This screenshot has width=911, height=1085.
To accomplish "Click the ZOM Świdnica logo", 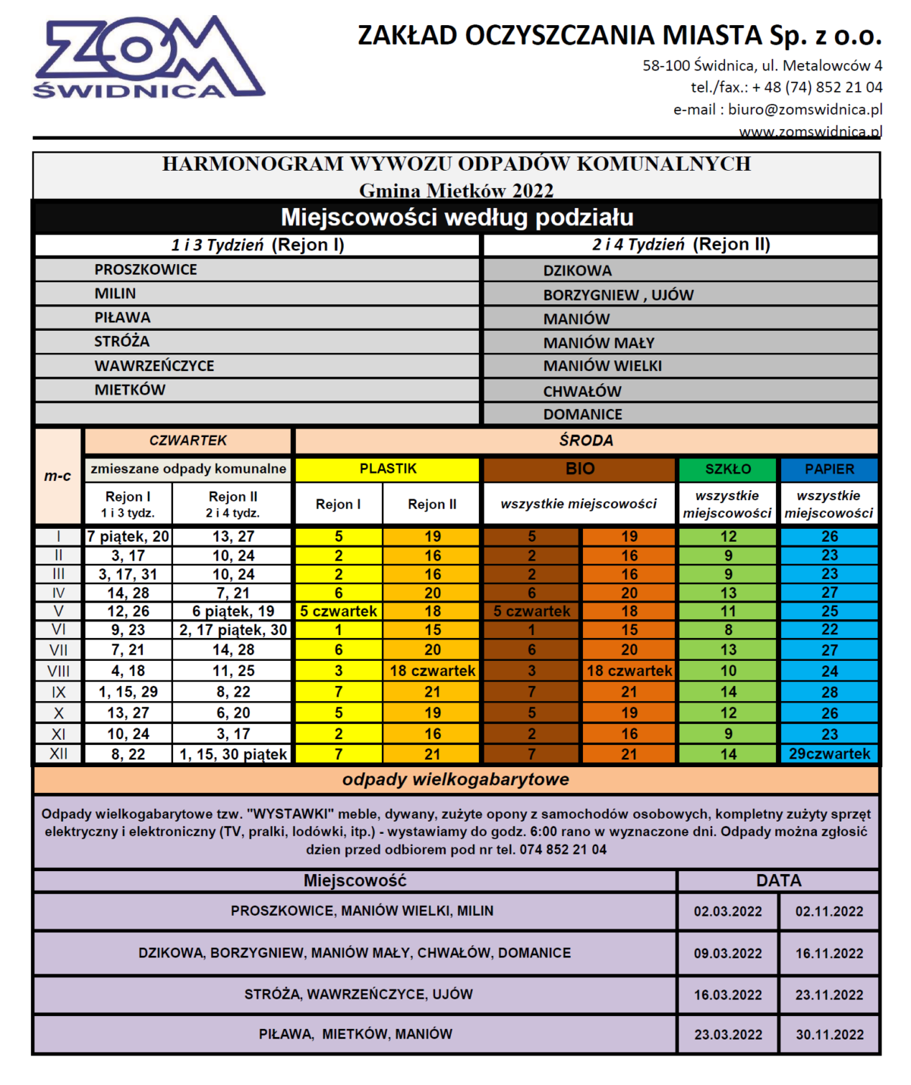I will [x=148, y=59].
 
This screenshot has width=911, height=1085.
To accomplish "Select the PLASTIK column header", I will [x=387, y=469].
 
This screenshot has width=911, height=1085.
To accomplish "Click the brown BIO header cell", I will [x=579, y=469].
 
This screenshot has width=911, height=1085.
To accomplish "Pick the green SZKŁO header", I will [x=727, y=469].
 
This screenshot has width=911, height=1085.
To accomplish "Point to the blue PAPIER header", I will [x=829, y=469].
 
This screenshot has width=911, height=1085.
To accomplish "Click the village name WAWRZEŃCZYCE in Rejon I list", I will [x=154, y=366].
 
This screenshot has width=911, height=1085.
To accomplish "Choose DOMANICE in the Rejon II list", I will [x=582, y=414].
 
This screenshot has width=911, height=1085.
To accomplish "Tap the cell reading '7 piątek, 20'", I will [x=128, y=536].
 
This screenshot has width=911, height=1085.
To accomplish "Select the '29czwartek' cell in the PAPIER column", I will [x=829, y=754].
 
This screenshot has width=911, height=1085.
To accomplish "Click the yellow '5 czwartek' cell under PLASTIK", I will [x=339, y=612].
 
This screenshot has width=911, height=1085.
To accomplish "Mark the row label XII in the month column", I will [x=58, y=754].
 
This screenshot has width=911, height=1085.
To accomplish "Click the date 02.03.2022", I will [x=727, y=911].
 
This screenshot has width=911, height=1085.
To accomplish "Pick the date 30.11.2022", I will [x=829, y=1034].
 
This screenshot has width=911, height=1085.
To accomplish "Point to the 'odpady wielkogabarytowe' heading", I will [x=455, y=779].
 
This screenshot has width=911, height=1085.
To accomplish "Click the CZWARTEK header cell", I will [x=188, y=441].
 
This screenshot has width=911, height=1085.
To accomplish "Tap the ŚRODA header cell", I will [x=586, y=441].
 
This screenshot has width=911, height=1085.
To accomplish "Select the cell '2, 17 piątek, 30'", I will [x=232, y=630].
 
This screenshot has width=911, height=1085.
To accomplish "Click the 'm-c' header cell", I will [x=58, y=476].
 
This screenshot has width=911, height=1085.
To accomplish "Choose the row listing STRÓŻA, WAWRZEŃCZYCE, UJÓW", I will [x=358, y=994].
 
